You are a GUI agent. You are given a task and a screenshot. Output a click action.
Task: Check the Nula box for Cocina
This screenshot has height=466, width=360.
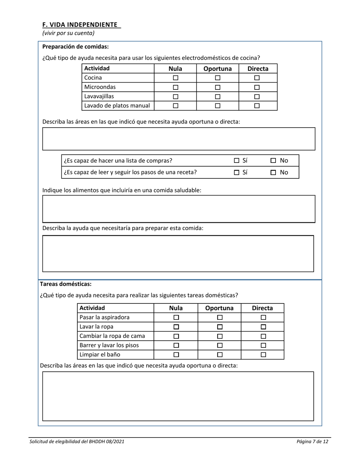(x=175, y=78)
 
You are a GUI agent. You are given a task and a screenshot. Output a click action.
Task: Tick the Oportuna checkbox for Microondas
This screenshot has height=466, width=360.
(x=218, y=87)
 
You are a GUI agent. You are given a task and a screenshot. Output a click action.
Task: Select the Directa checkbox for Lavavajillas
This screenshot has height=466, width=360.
(x=257, y=97)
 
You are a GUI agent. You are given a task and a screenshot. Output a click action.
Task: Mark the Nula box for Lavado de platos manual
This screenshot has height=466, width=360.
(x=175, y=106)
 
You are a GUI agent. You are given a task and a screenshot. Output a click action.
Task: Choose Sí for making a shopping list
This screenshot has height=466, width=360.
(x=236, y=161)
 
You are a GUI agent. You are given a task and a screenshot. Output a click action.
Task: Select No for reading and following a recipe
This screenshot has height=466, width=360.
(x=273, y=173)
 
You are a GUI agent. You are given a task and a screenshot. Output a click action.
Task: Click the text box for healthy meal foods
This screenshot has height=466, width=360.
(x=178, y=209)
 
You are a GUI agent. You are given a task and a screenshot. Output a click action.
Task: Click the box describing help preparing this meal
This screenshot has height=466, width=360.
(x=178, y=253)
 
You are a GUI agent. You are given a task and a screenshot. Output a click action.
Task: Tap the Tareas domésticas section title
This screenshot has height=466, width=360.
(x=66, y=284)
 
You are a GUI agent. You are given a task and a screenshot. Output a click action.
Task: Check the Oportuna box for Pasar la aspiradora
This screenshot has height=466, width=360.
(x=220, y=317)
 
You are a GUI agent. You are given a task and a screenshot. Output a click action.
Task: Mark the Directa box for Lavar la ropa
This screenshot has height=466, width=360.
(x=263, y=327)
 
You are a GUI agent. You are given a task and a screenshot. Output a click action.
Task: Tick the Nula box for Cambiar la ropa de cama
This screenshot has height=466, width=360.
(x=176, y=336)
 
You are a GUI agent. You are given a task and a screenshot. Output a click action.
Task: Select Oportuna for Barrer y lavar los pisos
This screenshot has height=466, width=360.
(x=220, y=346)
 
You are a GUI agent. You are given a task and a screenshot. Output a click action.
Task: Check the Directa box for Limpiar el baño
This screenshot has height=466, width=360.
(x=263, y=355)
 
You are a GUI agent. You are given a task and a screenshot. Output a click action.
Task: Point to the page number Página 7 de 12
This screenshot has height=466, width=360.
(x=312, y=441)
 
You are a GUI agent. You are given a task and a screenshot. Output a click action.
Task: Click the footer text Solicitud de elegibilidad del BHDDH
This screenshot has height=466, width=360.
(x=77, y=441)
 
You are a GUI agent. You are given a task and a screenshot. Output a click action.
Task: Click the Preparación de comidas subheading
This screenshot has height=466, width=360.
(x=75, y=47)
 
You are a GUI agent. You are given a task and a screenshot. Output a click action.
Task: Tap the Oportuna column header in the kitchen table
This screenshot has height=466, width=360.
(x=218, y=69)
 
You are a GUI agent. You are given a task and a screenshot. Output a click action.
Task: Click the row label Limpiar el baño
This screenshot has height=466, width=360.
(x=100, y=355)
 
